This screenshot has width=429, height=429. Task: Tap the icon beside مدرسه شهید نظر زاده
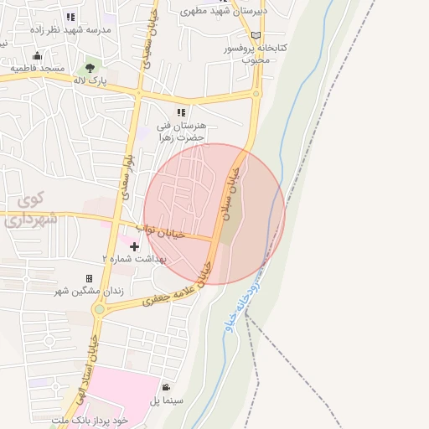(70, 16)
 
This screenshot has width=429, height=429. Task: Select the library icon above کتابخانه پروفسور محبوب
(256, 35)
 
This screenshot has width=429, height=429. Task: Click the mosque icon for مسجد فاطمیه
(37, 55)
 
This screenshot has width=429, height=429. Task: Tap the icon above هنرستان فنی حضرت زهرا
(179, 111)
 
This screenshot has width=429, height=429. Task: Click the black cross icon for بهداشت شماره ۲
(136, 246)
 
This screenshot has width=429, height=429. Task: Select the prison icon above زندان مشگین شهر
(89, 278)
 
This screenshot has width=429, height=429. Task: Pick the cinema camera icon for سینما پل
(167, 387)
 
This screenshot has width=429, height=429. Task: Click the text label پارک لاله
(92, 81)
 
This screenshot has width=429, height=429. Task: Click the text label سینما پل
(167, 401)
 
